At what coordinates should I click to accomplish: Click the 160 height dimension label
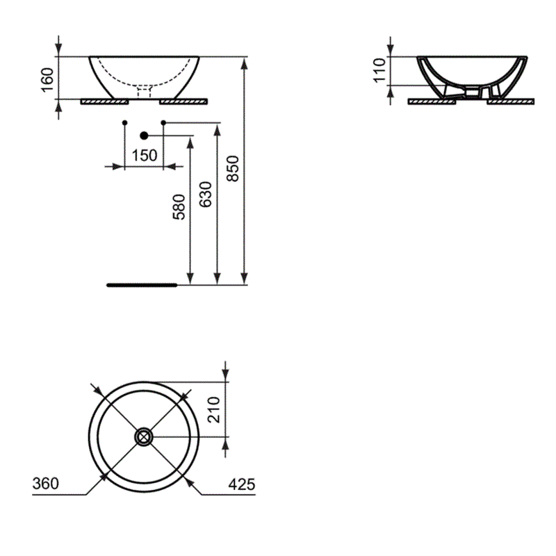click(x=47, y=80)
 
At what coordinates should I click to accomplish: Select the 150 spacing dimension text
click(x=145, y=156)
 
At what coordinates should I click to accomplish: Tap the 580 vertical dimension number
click(x=179, y=207)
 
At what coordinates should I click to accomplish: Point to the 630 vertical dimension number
click(x=206, y=195)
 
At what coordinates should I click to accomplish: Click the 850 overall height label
click(x=233, y=169)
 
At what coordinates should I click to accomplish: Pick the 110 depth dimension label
click(x=379, y=70)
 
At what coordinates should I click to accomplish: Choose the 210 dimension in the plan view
click(x=214, y=410)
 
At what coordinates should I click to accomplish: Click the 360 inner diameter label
click(x=46, y=484)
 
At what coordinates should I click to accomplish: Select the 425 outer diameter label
click(x=242, y=484)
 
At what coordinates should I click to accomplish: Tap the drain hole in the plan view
click(x=144, y=437)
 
